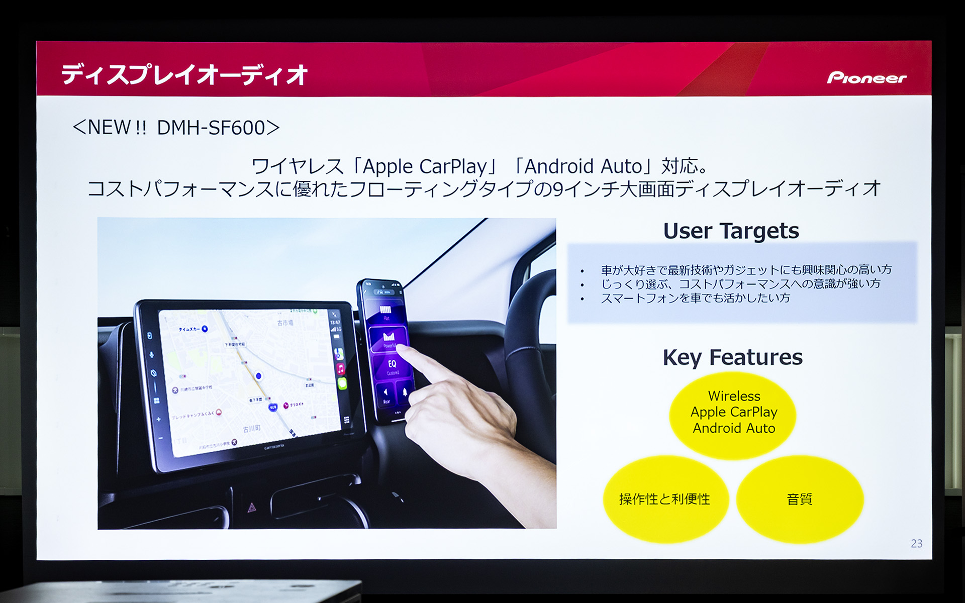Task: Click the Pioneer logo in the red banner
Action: tap(866, 78)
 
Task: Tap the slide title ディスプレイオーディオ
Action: tap(184, 75)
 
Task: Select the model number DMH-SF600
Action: tap(211, 128)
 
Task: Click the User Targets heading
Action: tap(731, 231)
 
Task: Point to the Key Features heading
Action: tap(732, 358)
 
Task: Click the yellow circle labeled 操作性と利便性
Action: tap(664, 499)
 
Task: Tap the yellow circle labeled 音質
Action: tap(799, 499)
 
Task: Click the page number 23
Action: tap(916, 544)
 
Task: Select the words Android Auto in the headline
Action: tap(583, 166)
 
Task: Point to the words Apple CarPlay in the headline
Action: tap(425, 166)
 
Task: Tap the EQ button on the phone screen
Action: tap(392, 365)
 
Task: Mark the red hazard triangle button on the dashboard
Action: tap(252, 508)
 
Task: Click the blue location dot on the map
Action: tap(258, 376)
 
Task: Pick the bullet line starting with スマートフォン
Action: tap(695, 298)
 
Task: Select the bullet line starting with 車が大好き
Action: tap(746, 270)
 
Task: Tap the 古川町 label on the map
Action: tap(251, 429)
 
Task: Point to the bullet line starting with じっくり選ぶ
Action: tap(740, 284)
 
